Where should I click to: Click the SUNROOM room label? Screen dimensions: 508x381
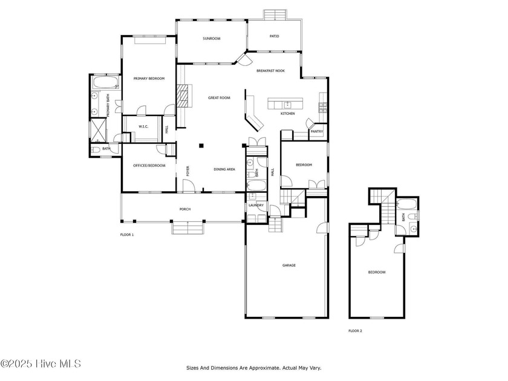tap(212, 39)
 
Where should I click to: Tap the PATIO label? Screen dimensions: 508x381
tap(274, 36)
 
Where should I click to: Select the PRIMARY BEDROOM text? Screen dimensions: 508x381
tap(149, 79)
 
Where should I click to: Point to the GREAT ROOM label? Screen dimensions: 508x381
tap(219, 97)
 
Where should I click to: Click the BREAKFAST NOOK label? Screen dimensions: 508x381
tap(270, 71)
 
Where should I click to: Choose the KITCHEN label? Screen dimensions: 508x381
tap(288, 114)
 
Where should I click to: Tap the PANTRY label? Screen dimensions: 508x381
tap(316, 132)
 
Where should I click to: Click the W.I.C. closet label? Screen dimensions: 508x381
tap(143, 126)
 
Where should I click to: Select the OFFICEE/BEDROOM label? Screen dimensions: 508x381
tap(149, 166)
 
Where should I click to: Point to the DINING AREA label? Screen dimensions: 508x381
tap(224, 169)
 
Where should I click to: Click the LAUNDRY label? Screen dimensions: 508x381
tap(256, 206)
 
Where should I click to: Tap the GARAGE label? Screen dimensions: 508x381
tap(288, 265)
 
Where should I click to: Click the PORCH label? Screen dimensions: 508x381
tap(185, 209)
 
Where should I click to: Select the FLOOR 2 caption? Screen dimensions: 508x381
tap(355, 331)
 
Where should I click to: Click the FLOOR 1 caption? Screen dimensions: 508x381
tap(126, 235)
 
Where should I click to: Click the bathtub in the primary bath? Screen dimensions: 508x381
tap(106, 82)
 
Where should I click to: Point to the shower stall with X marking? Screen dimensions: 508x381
tap(98, 130)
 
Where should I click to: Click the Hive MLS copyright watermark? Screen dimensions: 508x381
tap(41, 364)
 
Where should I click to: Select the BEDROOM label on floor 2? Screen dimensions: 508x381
tap(377, 272)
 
